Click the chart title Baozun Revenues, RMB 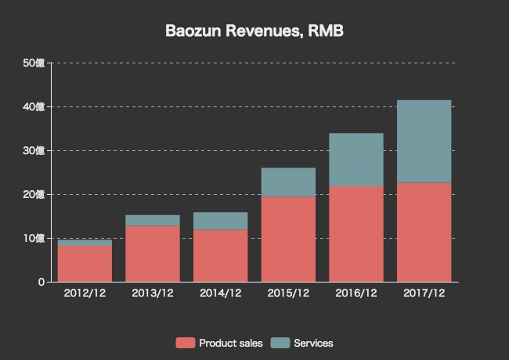(x=254, y=31)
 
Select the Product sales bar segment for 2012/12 (x=85, y=263)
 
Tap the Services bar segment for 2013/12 (x=153, y=220)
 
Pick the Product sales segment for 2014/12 (x=220, y=255)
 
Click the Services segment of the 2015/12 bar (x=288, y=182)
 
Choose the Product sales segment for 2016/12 (x=356, y=233)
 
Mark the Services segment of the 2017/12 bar (x=424, y=141)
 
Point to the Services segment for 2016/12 (x=356, y=160)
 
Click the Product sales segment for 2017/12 (x=424, y=232)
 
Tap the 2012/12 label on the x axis (x=85, y=293)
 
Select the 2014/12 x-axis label (x=220, y=293)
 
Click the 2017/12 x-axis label (x=424, y=293)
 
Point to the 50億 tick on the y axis (x=34, y=63)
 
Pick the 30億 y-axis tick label (x=34, y=150)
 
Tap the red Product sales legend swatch (x=186, y=343)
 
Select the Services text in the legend (x=313, y=343)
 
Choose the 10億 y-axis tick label (x=34, y=238)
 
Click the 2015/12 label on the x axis (x=288, y=293)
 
